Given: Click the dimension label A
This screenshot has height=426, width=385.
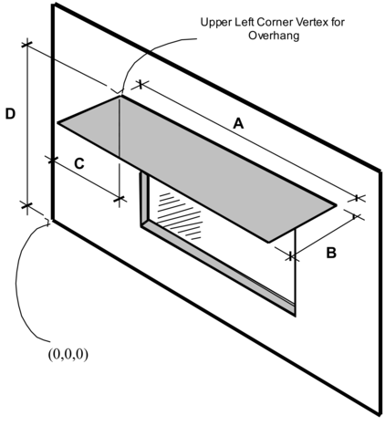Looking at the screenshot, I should (238, 123).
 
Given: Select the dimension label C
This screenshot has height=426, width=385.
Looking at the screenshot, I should (79, 164).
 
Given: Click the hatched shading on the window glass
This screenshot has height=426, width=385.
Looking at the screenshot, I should (173, 205).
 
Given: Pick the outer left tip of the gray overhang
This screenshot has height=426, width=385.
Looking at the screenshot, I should (57, 124).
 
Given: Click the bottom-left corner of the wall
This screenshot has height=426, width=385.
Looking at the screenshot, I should (52, 220).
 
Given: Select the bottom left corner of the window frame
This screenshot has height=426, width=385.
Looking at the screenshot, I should (140, 224).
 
